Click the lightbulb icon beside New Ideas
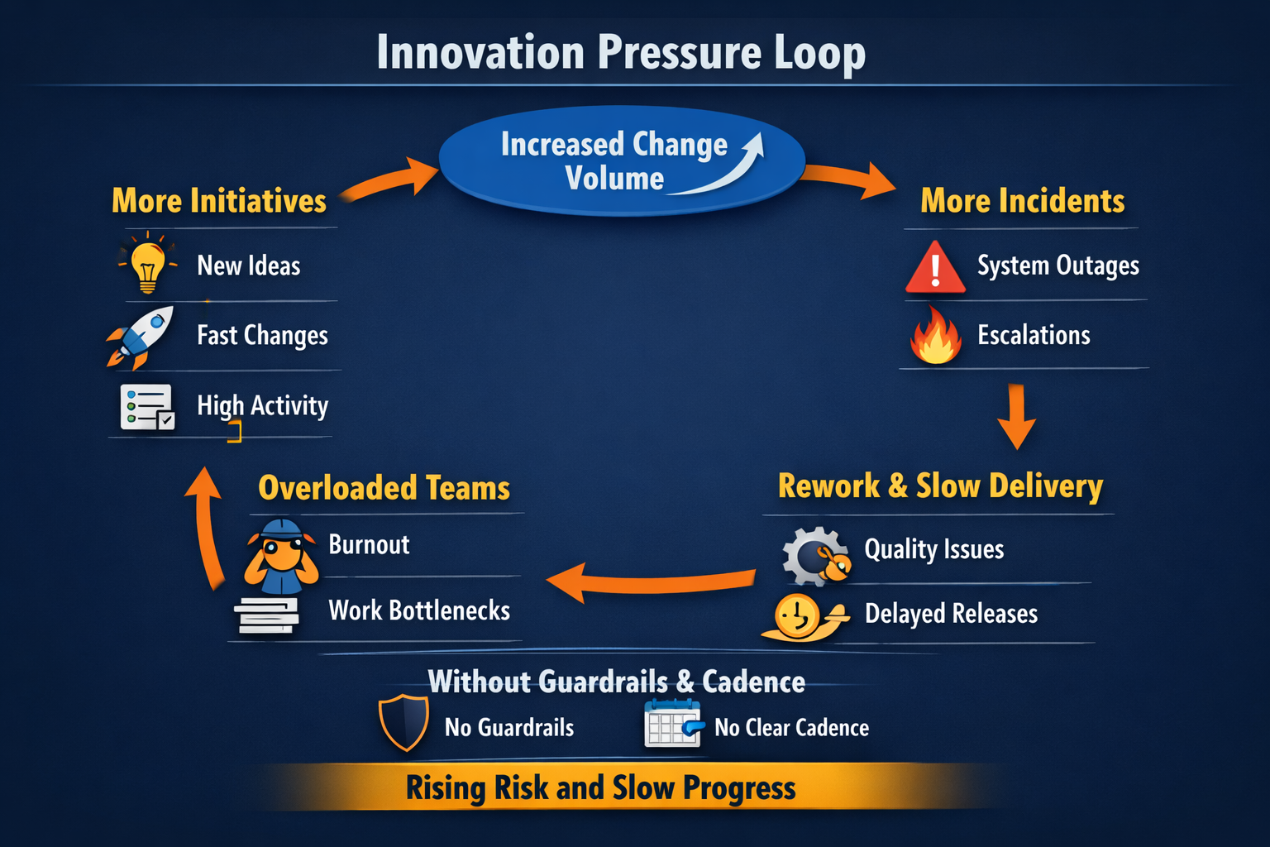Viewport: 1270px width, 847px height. (147, 264)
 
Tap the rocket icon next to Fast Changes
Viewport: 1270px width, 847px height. (141, 336)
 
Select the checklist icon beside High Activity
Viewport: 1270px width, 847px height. (147, 407)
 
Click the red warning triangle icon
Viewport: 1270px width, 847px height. (935, 268)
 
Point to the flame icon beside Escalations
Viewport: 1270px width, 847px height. (936, 337)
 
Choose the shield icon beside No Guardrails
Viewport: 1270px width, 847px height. (403, 722)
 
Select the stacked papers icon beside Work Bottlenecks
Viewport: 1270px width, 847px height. (267, 615)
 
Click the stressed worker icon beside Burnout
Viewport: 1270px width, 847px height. (281, 555)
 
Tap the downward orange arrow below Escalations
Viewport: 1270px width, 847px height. (1017, 416)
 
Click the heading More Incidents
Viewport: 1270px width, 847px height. (1022, 201)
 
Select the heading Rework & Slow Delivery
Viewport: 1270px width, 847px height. (940, 486)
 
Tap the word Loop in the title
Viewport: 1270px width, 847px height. (819, 53)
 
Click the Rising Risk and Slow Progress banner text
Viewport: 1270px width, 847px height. (600, 787)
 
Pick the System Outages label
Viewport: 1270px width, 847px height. (1058, 266)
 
